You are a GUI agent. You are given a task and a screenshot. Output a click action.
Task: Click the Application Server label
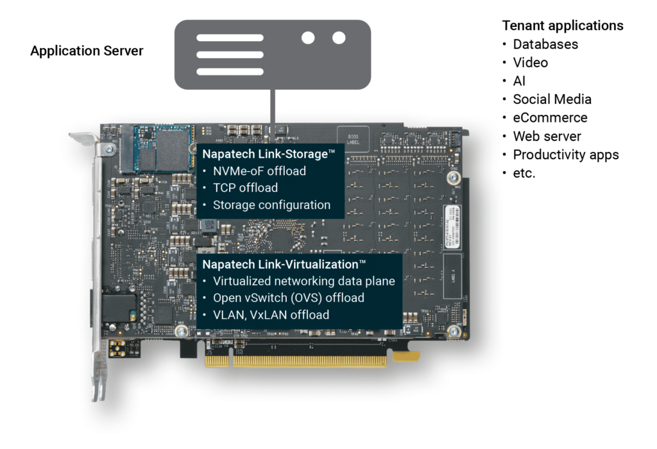point(87,51)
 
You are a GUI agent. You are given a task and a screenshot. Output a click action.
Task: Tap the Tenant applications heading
point(563,26)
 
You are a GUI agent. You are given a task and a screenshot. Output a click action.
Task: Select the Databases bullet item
point(545,44)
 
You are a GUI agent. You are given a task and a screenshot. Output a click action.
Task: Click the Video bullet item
point(530,63)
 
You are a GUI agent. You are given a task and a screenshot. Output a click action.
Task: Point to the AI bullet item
point(519,81)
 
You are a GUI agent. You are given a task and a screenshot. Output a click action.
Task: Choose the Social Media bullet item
point(552,99)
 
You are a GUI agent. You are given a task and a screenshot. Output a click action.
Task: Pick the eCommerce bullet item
point(550,118)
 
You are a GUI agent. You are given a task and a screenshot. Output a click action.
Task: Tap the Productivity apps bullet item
point(566,155)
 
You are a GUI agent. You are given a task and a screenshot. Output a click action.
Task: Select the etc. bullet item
point(524,173)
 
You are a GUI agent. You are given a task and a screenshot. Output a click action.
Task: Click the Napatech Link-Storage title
point(269,154)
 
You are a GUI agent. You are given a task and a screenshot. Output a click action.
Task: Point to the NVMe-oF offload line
point(259,171)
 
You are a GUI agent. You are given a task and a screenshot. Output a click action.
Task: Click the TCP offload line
point(245,188)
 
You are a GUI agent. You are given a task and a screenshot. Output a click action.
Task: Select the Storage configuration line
point(271,205)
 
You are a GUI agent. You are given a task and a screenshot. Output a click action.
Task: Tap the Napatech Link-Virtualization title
point(284,264)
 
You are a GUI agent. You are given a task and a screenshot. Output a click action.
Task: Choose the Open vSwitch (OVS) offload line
point(288,298)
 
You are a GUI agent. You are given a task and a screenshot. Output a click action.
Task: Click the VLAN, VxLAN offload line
point(271,314)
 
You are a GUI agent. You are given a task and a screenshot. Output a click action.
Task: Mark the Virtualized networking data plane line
point(303,281)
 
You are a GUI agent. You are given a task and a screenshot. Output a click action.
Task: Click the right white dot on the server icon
point(339,38)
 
